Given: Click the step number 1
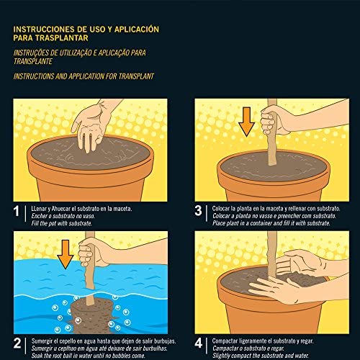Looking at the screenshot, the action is tap(17, 211).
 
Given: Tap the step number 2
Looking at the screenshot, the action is tap(17, 343).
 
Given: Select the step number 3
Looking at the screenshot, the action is tap(198, 210).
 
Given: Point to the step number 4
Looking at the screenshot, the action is tap(198, 343).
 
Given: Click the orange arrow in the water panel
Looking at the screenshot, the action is tap(66, 254).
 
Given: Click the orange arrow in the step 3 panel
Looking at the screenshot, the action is tap(246, 122).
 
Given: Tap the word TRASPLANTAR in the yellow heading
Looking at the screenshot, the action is tap(62, 38).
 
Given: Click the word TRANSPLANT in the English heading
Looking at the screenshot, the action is tap(136, 76).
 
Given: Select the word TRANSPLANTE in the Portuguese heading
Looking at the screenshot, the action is tap(33, 61).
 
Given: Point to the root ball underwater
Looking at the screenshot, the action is tap(92, 315).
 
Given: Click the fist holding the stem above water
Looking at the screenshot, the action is tap(92, 252).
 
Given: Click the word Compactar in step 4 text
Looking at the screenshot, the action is tap(225, 341).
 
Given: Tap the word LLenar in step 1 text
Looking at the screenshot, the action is tap(39, 209).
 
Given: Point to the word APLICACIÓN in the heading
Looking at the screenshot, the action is tap(137, 29).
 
